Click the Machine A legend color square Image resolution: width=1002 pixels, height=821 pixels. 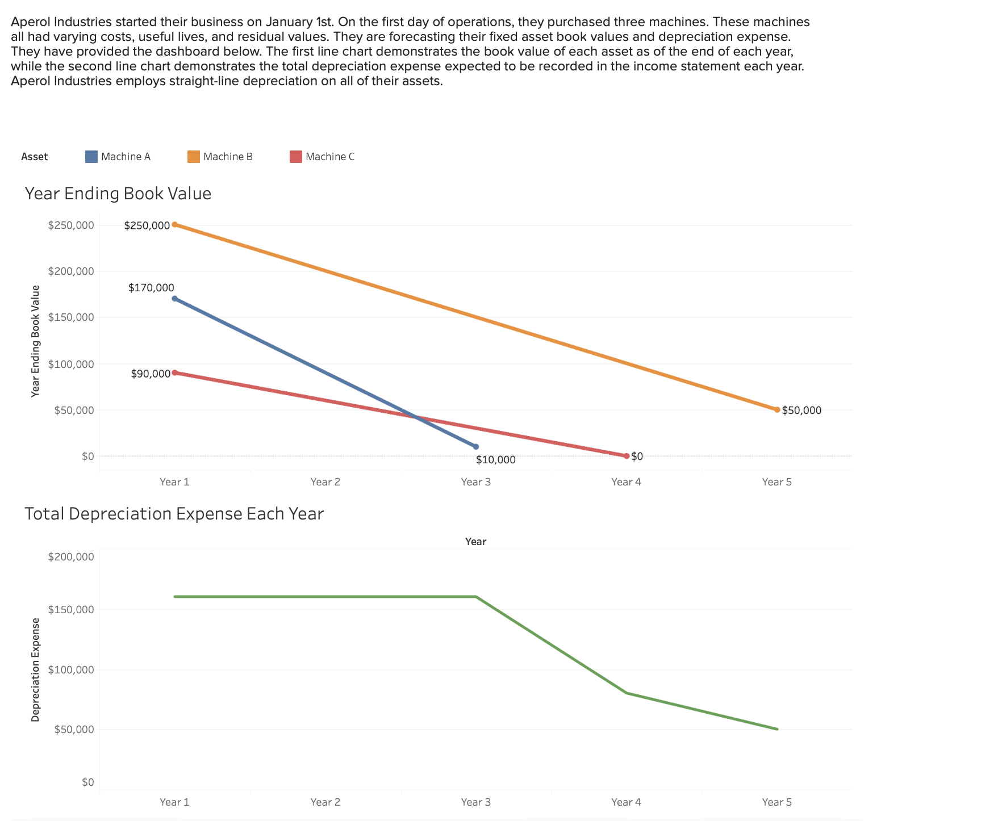coord(91,157)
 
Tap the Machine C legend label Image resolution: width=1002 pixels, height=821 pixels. coord(329,157)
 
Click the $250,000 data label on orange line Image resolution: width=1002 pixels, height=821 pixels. coord(147,225)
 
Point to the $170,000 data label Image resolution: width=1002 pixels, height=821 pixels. coord(151,288)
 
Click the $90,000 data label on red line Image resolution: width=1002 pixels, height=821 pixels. coord(151,374)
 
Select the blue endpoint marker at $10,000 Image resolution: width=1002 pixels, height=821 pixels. coord(476,447)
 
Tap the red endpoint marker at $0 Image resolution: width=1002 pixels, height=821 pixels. coord(627,456)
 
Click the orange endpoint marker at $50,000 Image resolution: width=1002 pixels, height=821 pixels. coord(777,410)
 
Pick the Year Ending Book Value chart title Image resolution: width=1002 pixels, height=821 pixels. coord(118,194)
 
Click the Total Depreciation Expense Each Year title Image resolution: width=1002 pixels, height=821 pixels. coord(174,514)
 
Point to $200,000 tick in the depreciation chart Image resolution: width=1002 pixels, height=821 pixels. coord(71,557)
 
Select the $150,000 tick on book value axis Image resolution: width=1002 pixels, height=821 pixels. coord(71,317)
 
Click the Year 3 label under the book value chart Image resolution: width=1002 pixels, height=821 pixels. coord(475,482)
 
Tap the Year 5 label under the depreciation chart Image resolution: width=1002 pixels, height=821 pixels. coord(776,802)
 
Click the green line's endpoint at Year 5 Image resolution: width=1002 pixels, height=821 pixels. coord(777,729)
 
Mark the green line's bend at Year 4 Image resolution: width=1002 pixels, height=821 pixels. coord(627,693)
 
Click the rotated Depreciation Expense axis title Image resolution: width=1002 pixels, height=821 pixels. coord(36,669)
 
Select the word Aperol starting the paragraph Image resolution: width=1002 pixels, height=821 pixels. coord(31,22)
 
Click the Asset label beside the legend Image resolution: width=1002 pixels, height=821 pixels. coord(35,157)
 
